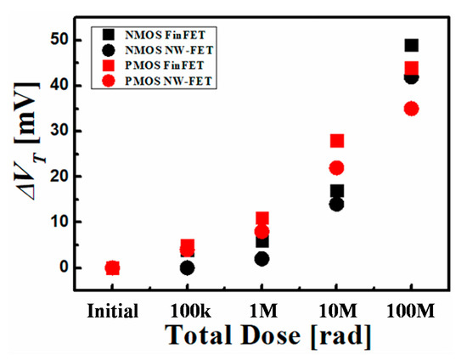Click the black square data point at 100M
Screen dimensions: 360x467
[x=412, y=45]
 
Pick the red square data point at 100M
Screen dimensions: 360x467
[x=412, y=68]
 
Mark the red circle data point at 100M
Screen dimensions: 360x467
[x=412, y=109]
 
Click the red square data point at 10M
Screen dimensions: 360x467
[x=337, y=141]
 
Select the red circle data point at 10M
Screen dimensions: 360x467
[x=337, y=168]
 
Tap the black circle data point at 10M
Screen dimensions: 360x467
[x=337, y=204]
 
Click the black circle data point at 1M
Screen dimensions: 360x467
[x=262, y=259]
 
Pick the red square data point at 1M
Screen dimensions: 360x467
[x=262, y=219]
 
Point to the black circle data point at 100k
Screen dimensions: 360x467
[x=187, y=268]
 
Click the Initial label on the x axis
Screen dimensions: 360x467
[x=113, y=310]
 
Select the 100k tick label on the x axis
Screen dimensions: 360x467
[x=187, y=310]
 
